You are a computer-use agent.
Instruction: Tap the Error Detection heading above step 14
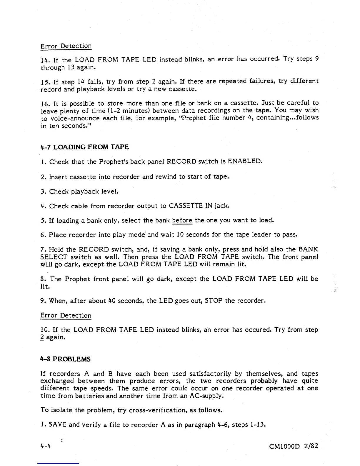[x=66, y=46]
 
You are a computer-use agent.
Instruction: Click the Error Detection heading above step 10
[x=66, y=316]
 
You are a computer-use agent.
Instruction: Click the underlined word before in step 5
[x=182, y=220]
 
